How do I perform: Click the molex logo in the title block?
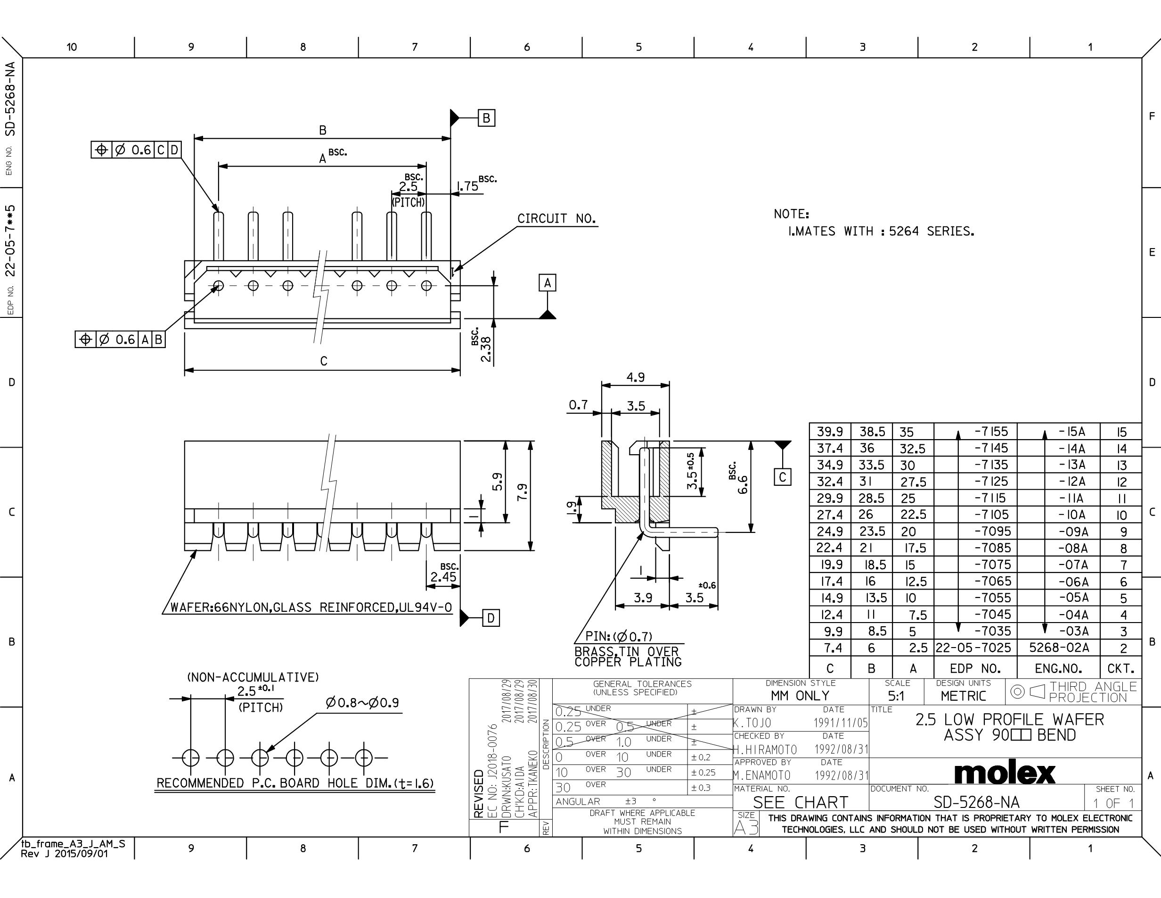[1004, 773]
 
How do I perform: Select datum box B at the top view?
[486, 117]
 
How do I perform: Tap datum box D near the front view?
[491, 618]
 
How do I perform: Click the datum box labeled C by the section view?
[782, 477]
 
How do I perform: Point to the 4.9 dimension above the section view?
[635, 377]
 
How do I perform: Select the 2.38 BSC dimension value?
[485, 349]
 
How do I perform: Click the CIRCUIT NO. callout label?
[556, 219]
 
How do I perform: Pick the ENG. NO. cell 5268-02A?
[1059, 648]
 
